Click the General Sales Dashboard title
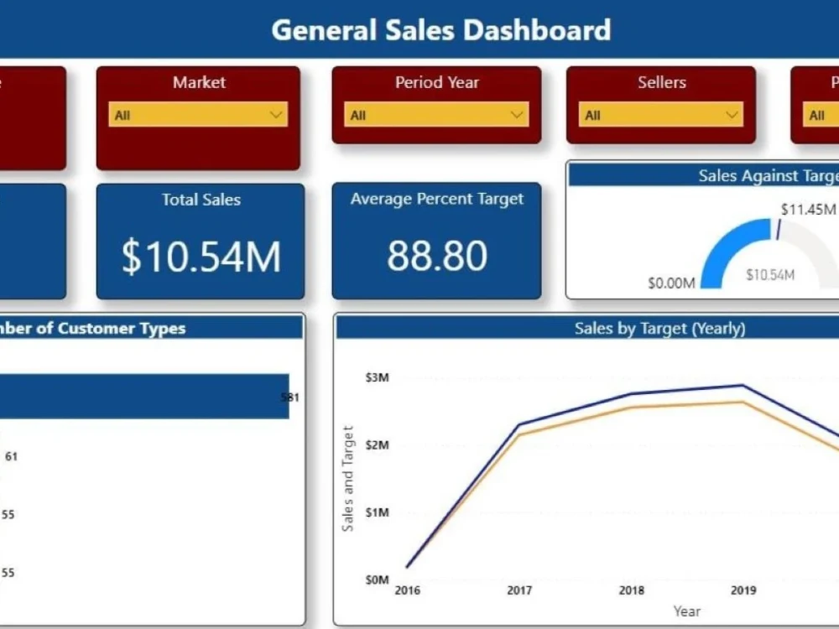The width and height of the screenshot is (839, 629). tap(440, 30)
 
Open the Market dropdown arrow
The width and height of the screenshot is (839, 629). tap(276, 115)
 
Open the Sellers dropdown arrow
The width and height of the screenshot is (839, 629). tap(732, 115)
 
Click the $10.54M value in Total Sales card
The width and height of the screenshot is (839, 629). tap(201, 256)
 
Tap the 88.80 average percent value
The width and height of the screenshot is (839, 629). tap(436, 255)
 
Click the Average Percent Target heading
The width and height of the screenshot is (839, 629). tap(436, 199)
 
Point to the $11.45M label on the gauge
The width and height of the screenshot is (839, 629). tap(807, 209)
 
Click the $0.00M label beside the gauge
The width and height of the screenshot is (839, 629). tap(671, 283)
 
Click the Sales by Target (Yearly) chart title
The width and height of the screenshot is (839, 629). tap(659, 328)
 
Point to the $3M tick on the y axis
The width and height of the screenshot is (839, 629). tap(377, 377)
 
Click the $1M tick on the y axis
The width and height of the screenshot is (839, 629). tap(377, 512)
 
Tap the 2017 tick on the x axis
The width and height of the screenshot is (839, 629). tap(519, 590)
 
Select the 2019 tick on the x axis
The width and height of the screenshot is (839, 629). tap(743, 590)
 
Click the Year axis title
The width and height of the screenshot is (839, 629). tap(686, 611)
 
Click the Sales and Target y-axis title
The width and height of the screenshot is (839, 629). tap(348, 478)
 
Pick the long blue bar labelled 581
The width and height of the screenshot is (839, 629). tap(143, 396)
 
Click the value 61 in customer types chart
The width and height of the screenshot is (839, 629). tap(11, 456)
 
